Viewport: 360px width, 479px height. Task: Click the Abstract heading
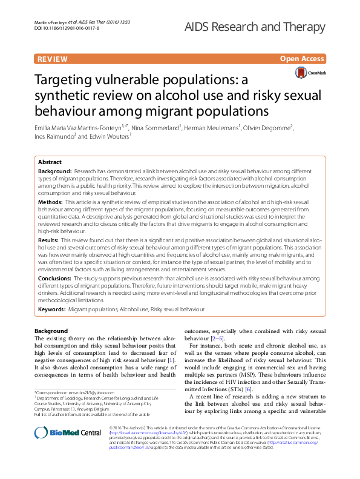50,162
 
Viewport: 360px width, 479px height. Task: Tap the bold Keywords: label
52,309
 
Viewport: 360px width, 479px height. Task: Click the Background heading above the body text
51,331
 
